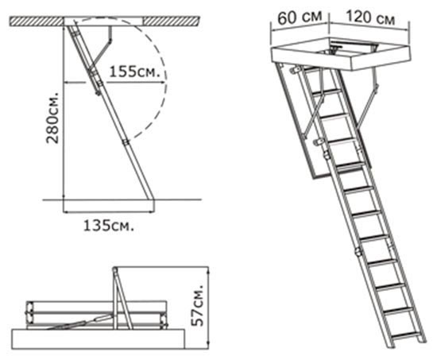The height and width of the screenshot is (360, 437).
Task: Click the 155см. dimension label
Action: (135, 72)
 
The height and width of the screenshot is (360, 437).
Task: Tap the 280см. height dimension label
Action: (52, 118)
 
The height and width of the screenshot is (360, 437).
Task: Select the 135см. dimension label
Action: (109, 226)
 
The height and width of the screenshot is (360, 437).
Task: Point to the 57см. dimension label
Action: (199, 305)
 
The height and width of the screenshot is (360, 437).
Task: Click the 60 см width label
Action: (300, 17)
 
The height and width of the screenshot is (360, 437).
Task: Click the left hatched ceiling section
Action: (37, 21)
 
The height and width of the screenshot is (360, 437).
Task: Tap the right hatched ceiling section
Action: (172, 21)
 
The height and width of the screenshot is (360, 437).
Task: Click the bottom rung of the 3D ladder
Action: (405, 335)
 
